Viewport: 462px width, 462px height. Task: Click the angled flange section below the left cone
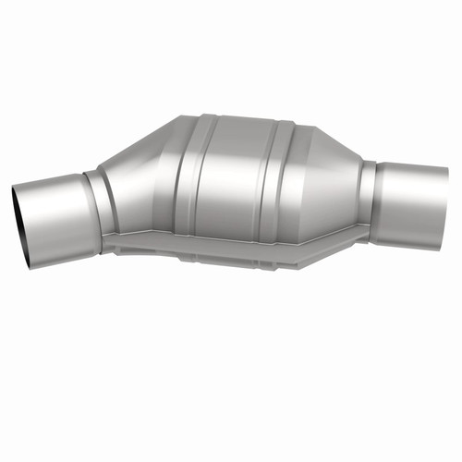click(x=139, y=242)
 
